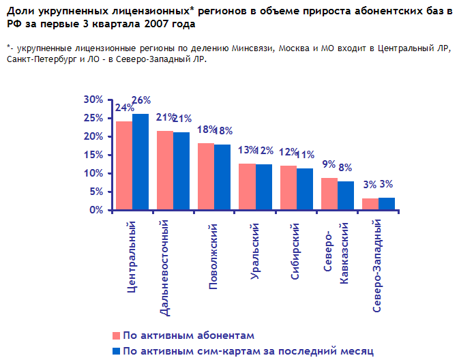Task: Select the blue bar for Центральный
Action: (x=140, y=162)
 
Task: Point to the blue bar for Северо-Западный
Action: (x=387, y=204)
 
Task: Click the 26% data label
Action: (x=141, y=100)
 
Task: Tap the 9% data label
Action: (x=329, y=164)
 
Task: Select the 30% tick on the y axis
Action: (x=93, y=100)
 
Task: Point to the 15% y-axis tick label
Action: (x=93, y=155)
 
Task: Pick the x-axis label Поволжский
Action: (x=213, y=256)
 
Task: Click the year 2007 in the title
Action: (x=166, y=24)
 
